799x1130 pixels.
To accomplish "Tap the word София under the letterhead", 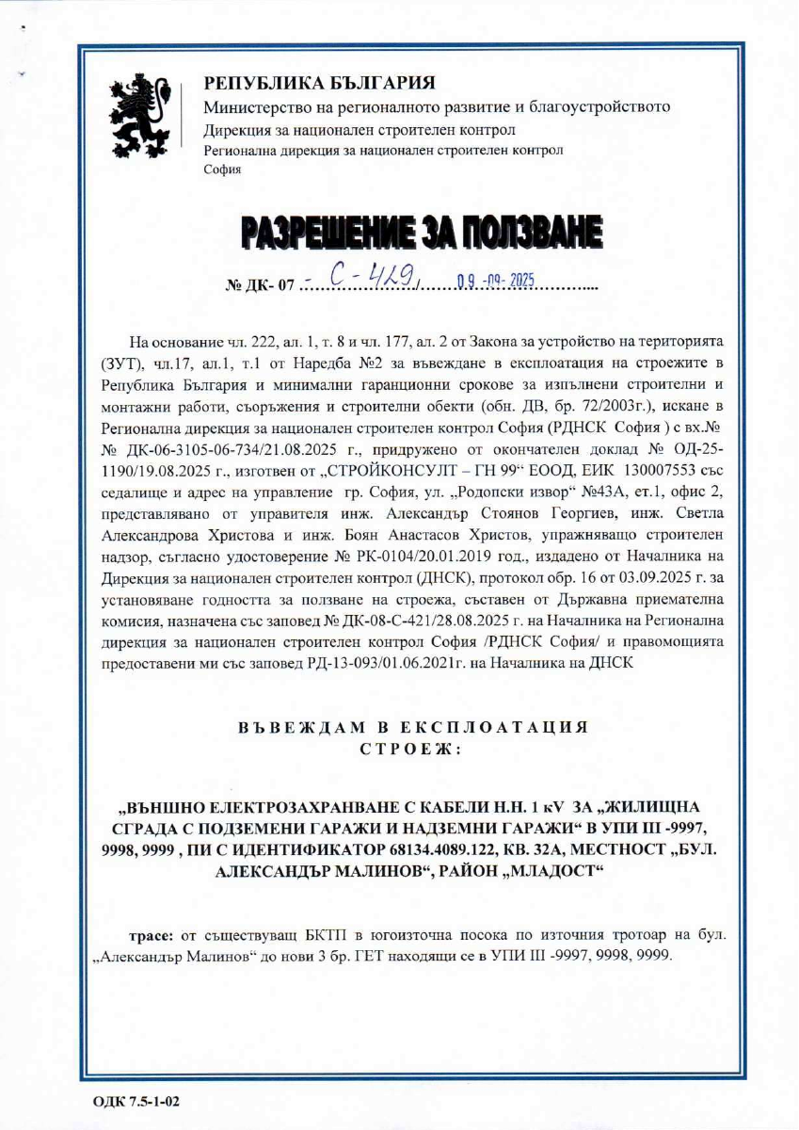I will [223, 170].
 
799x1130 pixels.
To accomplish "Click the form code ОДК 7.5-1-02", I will [136, 1100].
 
